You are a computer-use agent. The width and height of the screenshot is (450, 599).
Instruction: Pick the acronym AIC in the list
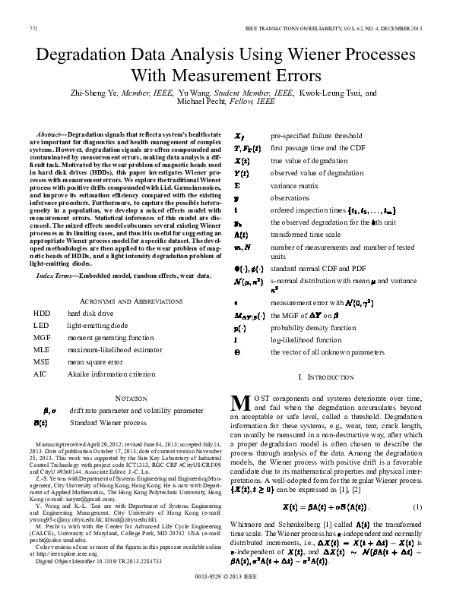40,374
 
